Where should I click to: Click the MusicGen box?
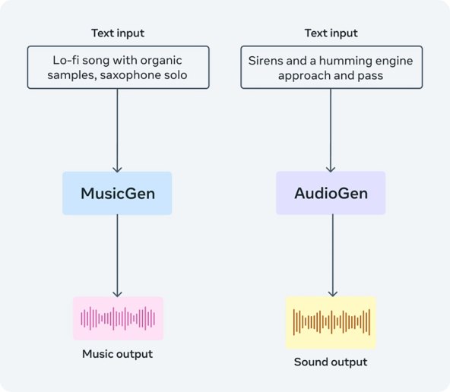117,193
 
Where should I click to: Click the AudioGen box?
331,193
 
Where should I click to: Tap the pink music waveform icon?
118,318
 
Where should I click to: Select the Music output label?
117,354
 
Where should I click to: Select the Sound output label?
331,362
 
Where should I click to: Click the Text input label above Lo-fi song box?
118,33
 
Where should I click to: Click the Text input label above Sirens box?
331,33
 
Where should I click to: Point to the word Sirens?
270,59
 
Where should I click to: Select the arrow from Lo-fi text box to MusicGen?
117,129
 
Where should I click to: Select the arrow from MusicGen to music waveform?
117,255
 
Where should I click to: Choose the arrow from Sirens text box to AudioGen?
331,129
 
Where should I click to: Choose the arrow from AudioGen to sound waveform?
331,255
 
